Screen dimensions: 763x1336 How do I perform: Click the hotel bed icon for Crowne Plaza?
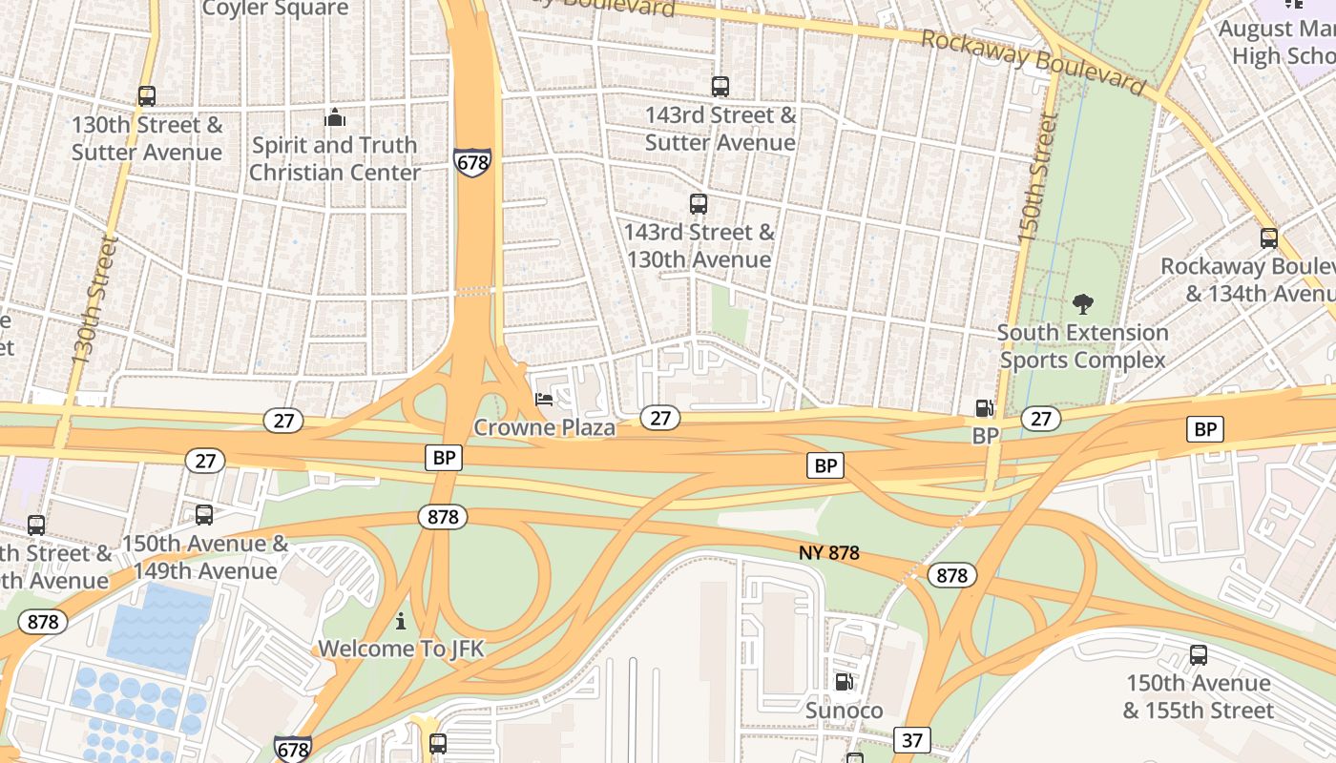point(544,400)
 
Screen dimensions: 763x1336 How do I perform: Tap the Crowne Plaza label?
point(544,427)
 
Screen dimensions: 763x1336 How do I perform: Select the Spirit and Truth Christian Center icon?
point(335,117)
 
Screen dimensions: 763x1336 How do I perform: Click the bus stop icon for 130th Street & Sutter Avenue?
point(146,96)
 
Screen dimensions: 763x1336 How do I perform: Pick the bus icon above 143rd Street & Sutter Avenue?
point(720,87)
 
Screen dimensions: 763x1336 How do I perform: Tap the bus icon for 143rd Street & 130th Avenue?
point(699,204)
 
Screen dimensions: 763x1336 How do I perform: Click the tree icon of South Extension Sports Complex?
point(1082,304)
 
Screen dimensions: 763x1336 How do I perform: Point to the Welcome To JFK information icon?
point(401,622)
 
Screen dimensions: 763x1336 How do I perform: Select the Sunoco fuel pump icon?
point(844,682)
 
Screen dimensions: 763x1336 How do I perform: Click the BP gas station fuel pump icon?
point(985,408)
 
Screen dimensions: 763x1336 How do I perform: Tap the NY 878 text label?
point(829,553)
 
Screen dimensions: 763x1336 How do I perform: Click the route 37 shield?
point(912,739)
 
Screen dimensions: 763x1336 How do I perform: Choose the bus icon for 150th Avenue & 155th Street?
point(1199,655)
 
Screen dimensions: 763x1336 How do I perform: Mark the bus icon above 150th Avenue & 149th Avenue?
point(204,516)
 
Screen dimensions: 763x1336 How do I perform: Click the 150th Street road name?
point(1037,178)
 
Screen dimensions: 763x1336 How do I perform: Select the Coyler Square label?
point(276,10)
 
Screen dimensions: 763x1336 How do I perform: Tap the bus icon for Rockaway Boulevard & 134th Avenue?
point(1269,238)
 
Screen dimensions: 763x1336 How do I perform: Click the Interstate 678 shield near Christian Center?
point(472,162)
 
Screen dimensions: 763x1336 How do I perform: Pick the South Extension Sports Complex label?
point(1082,346)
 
